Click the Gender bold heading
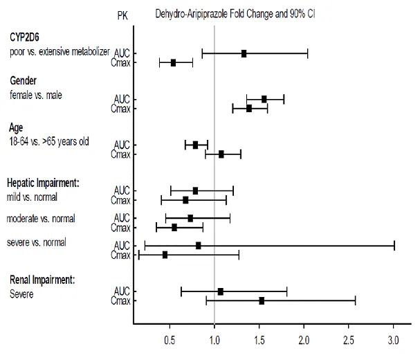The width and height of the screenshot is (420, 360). [23, 82]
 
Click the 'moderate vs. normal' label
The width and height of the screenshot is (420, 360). [40, 219]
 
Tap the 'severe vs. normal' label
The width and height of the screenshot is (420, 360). [36, 242]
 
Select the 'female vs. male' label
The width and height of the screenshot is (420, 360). [35, 95]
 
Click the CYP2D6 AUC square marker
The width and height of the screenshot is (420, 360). [244, 53]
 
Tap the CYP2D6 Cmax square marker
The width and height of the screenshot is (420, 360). [173, 62]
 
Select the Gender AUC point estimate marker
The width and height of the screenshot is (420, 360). [264, 99]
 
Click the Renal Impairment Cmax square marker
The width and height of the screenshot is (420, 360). [262, 300]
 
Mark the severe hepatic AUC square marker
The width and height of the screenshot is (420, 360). [199, 245]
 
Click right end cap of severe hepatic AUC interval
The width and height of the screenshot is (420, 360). [394, 245]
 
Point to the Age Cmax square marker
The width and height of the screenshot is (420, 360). [221, 154]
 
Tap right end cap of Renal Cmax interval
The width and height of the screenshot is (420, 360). [355, 300]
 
